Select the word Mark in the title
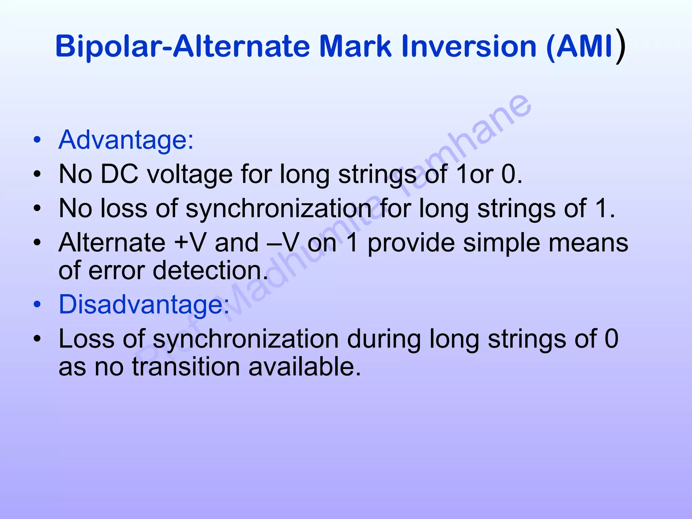point(355,46)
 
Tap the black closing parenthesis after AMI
point(620,46)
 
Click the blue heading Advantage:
point(126,140)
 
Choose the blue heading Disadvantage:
point(144,304)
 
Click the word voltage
point(190,174)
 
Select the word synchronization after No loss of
point(279,208)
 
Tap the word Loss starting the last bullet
point(86,339)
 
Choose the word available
point(304,367)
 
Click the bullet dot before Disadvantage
point(37,304)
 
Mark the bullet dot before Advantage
point(37,140)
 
